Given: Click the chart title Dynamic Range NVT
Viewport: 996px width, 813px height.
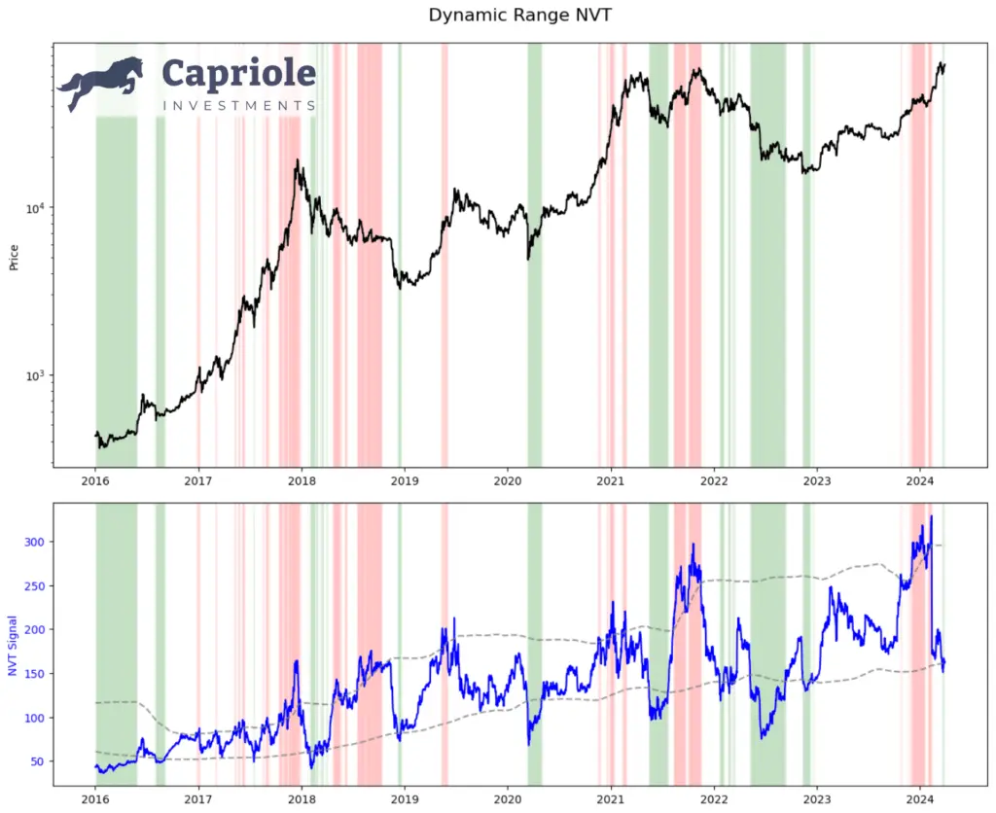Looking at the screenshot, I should [497, 16].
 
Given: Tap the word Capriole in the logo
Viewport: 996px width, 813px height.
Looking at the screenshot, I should [238, 75].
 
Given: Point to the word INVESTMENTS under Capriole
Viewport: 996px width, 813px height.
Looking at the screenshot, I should [238, 105].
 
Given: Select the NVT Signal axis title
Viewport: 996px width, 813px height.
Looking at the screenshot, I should [13, 646].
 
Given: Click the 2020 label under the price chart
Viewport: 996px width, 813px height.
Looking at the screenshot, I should [508, 480].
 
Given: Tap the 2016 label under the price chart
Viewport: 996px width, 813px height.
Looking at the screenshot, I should [95, 480].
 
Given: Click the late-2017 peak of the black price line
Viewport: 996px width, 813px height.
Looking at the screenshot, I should [297, 161].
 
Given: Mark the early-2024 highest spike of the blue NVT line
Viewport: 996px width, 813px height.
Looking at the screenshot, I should [931, 516].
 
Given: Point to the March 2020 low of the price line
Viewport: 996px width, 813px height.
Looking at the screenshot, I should [528, 259].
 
